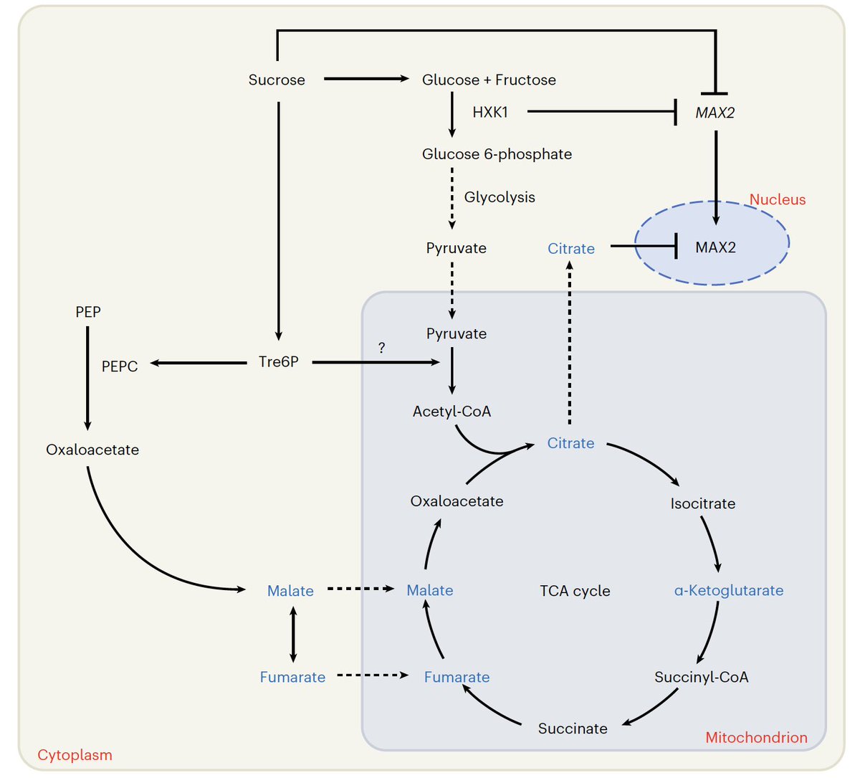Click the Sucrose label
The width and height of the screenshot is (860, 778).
click(x=277, y=80)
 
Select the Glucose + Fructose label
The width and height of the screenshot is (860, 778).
click(x=489, y=80)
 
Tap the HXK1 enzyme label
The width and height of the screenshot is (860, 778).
click(x=490, y=112)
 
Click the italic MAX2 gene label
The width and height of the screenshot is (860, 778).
click(x=715, y=113)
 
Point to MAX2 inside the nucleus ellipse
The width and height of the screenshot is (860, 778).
click(x=715, y=247)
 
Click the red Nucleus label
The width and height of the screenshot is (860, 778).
click(x=777, y=199)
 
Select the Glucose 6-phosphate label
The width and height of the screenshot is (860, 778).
click(x=497, y=154)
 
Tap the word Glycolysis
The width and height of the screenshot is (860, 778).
click(x=500, y=197)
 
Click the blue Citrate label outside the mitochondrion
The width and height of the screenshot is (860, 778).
click(x=571, y=249)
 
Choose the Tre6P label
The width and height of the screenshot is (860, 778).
click(x=278, y=362)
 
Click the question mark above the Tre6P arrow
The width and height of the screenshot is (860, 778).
click(x=381, y=348)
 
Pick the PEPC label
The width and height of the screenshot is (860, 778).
click(x=120, y=366)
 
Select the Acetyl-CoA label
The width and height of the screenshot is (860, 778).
click(x=451, y=412)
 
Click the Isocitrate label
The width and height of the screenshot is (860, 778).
click(x=702, y=503)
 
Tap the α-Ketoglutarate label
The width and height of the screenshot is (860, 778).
click(x=728, y=590)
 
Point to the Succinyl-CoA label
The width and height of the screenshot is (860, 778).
click(x=701, y=677)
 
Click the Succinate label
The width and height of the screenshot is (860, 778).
click(x=573, y=729)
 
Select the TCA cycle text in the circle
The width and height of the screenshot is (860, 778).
click(x=575, y=591)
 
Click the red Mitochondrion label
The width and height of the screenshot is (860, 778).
click(x=756, y=737)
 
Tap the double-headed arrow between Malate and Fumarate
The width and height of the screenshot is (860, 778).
click(x=292, y=634)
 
